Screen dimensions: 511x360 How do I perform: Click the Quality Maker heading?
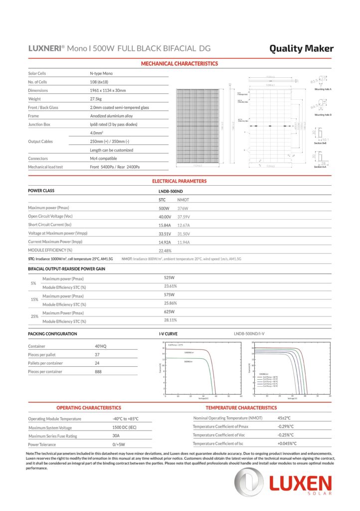[x=301, y=48]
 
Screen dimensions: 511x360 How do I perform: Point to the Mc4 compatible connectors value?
[x=103, y=158]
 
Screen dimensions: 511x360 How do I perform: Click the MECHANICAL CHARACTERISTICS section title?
[x=180, y=64]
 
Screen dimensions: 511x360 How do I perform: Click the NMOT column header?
[x=183, y=199]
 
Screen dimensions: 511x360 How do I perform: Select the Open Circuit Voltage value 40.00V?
[x=165, y=217]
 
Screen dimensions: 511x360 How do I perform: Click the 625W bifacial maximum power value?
[x=170, y=312]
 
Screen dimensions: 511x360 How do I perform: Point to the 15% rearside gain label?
[x=34, y=299]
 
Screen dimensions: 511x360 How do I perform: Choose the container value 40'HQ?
[x=101, y=346]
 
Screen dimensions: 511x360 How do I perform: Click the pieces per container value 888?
[x=98, y=371]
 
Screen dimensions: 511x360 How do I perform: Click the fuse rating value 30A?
[x=117, y=436]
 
